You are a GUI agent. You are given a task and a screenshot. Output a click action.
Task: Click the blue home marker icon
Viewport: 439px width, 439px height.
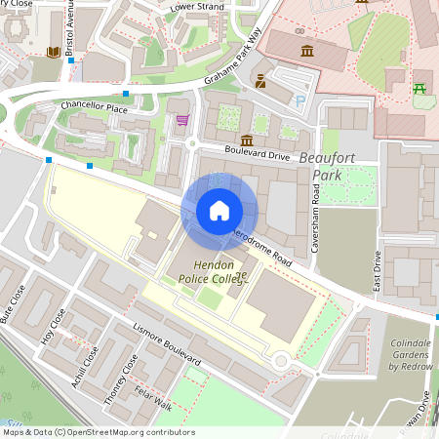(219, 211)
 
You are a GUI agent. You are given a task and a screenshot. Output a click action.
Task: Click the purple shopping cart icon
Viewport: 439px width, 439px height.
(182, 120)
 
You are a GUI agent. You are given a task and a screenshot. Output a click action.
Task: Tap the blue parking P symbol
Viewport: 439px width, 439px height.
(300, 100)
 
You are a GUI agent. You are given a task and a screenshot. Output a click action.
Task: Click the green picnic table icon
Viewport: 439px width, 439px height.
(420, 89)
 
